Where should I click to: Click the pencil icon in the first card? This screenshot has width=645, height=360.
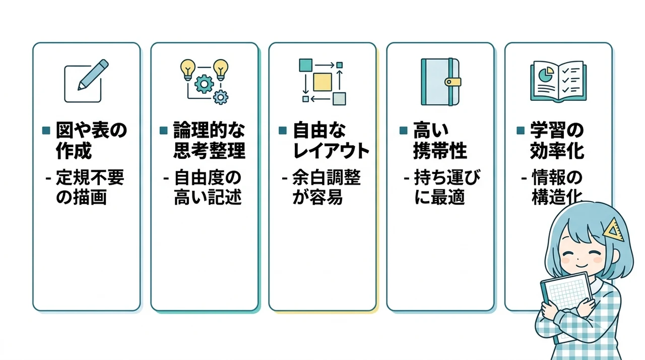pos(93,75)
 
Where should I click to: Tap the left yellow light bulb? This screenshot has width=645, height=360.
pos(188,70)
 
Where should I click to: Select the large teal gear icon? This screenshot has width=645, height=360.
pos(204,84)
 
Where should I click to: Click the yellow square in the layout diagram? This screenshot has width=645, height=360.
pos(322,82)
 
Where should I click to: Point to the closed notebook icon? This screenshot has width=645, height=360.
pos(440,82)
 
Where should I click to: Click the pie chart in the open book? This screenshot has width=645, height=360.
pos(546,75)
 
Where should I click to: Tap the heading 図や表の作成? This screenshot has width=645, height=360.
pos(91,140)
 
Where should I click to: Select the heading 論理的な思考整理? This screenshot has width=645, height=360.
pos(209,140)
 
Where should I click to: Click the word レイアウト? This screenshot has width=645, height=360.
pos(331,151)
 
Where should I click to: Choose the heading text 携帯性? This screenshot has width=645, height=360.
pos(440,151)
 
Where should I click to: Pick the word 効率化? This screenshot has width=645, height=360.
pos(557,151)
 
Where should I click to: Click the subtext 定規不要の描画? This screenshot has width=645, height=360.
pos(90,187)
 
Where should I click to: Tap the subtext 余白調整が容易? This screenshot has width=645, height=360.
pos(326,187)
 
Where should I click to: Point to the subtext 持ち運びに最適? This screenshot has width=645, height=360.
pos(447,187)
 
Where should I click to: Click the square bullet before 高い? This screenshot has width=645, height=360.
pos(404,131)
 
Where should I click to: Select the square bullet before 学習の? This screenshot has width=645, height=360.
pos(521,131)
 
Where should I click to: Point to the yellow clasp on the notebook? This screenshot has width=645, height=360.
pos(453,82)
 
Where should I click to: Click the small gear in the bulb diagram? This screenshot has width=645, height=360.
pos(221,97)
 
